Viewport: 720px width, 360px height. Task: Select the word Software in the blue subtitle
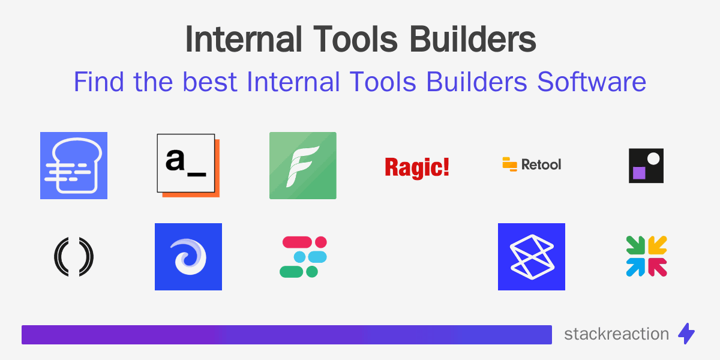(592, 82)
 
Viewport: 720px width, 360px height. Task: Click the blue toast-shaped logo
(74, 166)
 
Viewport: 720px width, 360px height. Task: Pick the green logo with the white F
(303, 166)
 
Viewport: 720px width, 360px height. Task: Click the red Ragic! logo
(417, 166)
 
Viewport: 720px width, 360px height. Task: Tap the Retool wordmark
(541, 164)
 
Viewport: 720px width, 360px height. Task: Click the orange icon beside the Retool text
(509, 164)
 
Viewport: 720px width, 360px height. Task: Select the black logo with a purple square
(646, 166)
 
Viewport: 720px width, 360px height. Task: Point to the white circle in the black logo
(654, 158)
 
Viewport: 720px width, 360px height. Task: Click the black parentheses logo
(74, 257)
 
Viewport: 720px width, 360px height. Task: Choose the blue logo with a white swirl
(188, 257)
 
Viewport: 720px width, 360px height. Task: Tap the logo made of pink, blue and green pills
(303, 257)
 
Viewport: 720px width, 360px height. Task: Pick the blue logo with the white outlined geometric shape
(532, 257)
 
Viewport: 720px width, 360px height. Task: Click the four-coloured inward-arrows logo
(646, 256)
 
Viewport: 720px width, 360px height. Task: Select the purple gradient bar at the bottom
(287, 335)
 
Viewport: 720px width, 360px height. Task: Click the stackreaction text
(616, 334)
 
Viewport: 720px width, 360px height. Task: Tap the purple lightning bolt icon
(686, 334)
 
